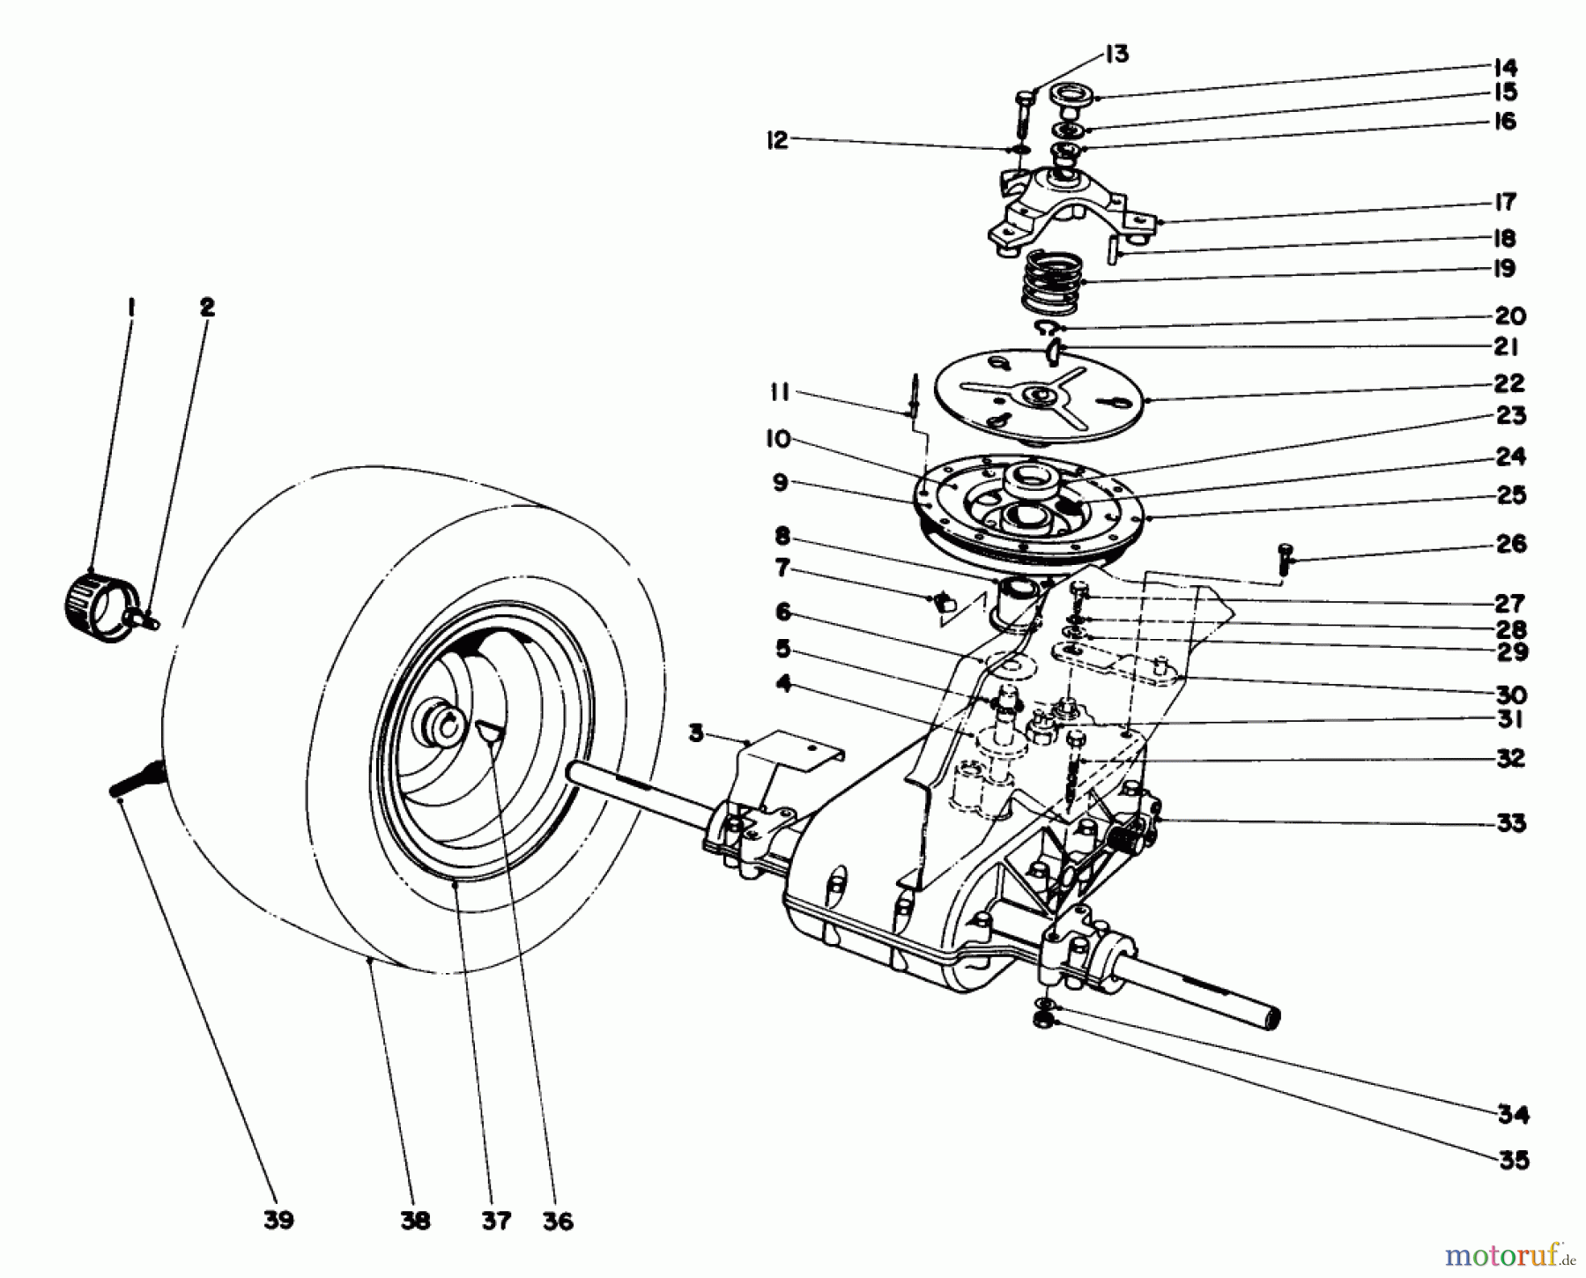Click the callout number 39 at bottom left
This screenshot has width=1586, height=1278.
[278, 1221]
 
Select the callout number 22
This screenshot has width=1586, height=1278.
[1508, 383]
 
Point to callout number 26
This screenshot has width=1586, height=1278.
[1510, 544]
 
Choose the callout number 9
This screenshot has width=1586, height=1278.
[781, 483]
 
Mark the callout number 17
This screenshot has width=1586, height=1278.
[1505, 203]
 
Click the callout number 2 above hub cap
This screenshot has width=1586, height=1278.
[206, 308]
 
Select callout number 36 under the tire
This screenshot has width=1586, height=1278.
[559, 1221]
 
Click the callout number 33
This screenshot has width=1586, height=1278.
[1510, 823]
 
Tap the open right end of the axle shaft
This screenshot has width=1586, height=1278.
[1271, 1019]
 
